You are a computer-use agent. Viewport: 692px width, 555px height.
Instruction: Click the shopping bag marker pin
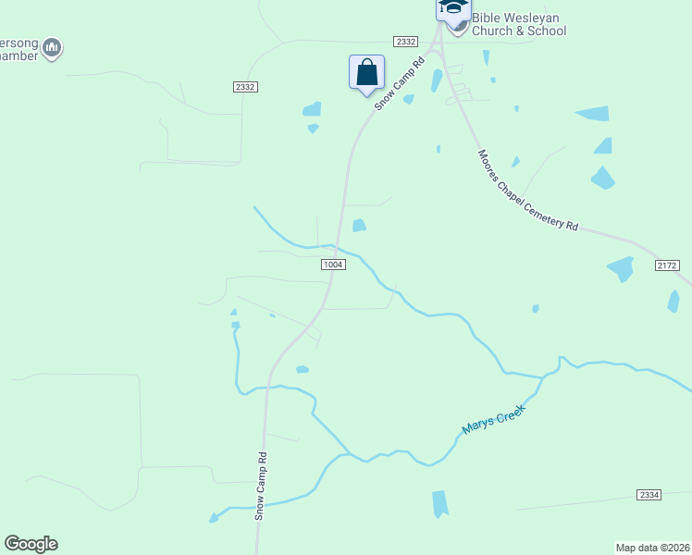click(x=366, y=72)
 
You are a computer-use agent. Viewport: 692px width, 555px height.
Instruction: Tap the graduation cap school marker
click(x=452, y=7)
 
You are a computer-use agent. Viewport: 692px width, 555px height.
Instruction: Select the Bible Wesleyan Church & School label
click(x=518, y=24)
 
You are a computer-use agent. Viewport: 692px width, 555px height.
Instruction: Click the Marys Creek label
click(x=493, y=420)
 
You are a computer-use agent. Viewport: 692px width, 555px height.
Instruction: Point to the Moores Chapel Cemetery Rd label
click(x=527, y=191)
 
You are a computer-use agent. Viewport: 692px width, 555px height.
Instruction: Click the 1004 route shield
click(x=334, y=265)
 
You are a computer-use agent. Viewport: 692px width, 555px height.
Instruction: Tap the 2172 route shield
click(x=667, y=265)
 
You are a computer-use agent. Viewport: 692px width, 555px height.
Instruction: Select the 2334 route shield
click(x=649, y=496)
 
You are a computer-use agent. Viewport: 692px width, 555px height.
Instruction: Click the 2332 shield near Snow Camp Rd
click(x=404, y=42)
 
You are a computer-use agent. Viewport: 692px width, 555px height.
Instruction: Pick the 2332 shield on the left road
click(x=244, y=86)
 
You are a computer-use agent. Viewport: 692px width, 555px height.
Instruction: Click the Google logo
click(x=31, y=544)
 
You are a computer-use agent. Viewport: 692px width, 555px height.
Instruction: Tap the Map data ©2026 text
click(x=652, y=547)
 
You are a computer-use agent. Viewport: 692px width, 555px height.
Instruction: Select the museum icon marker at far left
click(x=52, y=47)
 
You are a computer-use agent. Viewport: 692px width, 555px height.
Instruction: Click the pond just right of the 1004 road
click(x=358, y=225)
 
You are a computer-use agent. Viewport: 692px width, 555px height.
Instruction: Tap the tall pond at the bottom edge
click(x=439, y=503)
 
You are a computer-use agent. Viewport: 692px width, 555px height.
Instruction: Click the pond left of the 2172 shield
click(x=621, y=269)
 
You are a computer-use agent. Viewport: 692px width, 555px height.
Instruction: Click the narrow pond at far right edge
click(x=673, y=301)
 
